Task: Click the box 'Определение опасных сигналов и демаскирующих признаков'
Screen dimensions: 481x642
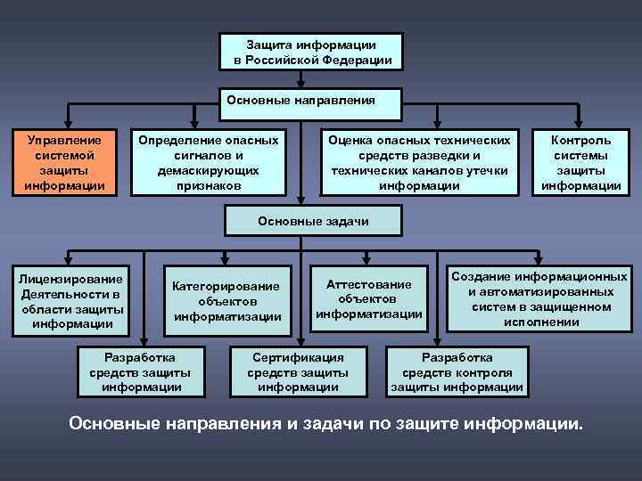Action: (208, 163)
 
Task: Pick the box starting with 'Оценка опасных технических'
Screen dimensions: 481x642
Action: (419, 163)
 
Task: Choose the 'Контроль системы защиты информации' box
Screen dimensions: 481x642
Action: (580, 163)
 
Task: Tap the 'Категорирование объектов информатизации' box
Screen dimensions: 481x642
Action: (226, 301)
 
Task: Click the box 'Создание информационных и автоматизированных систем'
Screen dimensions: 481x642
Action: (540, 299)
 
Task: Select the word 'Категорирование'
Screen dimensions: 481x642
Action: (226, 286)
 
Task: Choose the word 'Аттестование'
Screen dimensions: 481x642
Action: (368, 284)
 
